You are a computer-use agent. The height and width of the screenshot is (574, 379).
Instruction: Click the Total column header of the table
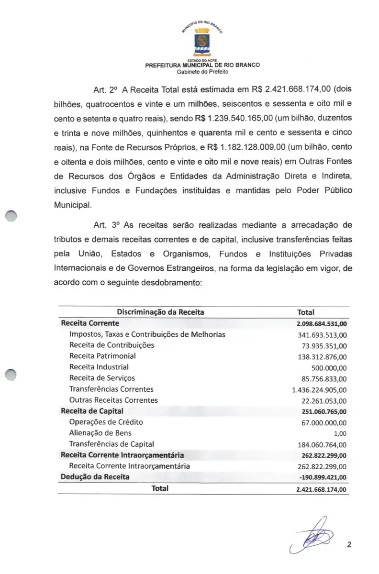tap(305, 312)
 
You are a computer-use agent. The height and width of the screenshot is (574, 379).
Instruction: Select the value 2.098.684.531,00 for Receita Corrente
tap(322, 324)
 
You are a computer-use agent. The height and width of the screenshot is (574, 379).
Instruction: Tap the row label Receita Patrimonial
tap(102, 356)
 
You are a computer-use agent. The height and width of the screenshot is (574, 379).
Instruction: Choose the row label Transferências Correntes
tap(111, 389)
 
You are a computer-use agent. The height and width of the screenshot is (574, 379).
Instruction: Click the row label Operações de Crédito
tap(106, 422)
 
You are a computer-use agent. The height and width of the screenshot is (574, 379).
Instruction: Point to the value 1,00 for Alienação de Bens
tap(339, 433)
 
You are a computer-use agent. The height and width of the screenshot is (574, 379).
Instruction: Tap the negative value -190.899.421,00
tap(322, 477)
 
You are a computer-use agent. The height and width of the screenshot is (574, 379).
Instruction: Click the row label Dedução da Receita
tap(95, 476)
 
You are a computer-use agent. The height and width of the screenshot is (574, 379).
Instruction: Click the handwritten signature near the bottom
tap(312, 537)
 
